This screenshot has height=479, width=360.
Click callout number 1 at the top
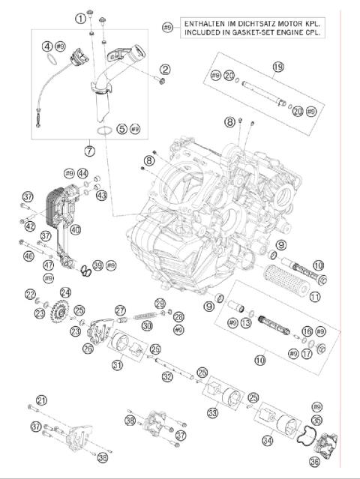click(x=79, y=17)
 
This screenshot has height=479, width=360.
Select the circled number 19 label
click(x=278, y=67)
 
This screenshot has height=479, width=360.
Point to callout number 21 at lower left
click(x=41, y=400)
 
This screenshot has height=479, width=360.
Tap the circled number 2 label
click(x=165, y=70)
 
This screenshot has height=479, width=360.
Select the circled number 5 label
click(x=122, y=129)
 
